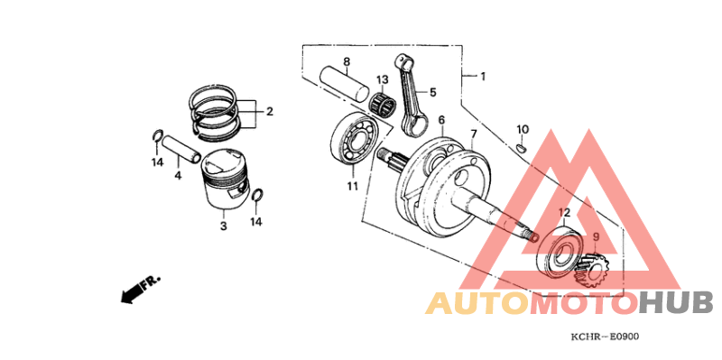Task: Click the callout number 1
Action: tap(482, 77)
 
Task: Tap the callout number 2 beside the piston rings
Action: tap(268, 113)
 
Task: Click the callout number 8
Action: tap(346, 61)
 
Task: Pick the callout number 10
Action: tap(523, 130)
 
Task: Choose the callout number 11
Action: tap(352, 186)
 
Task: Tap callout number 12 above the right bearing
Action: tap(565, 213)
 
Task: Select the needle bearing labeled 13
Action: tap(387, 106)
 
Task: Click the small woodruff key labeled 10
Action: tap(522, 148)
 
